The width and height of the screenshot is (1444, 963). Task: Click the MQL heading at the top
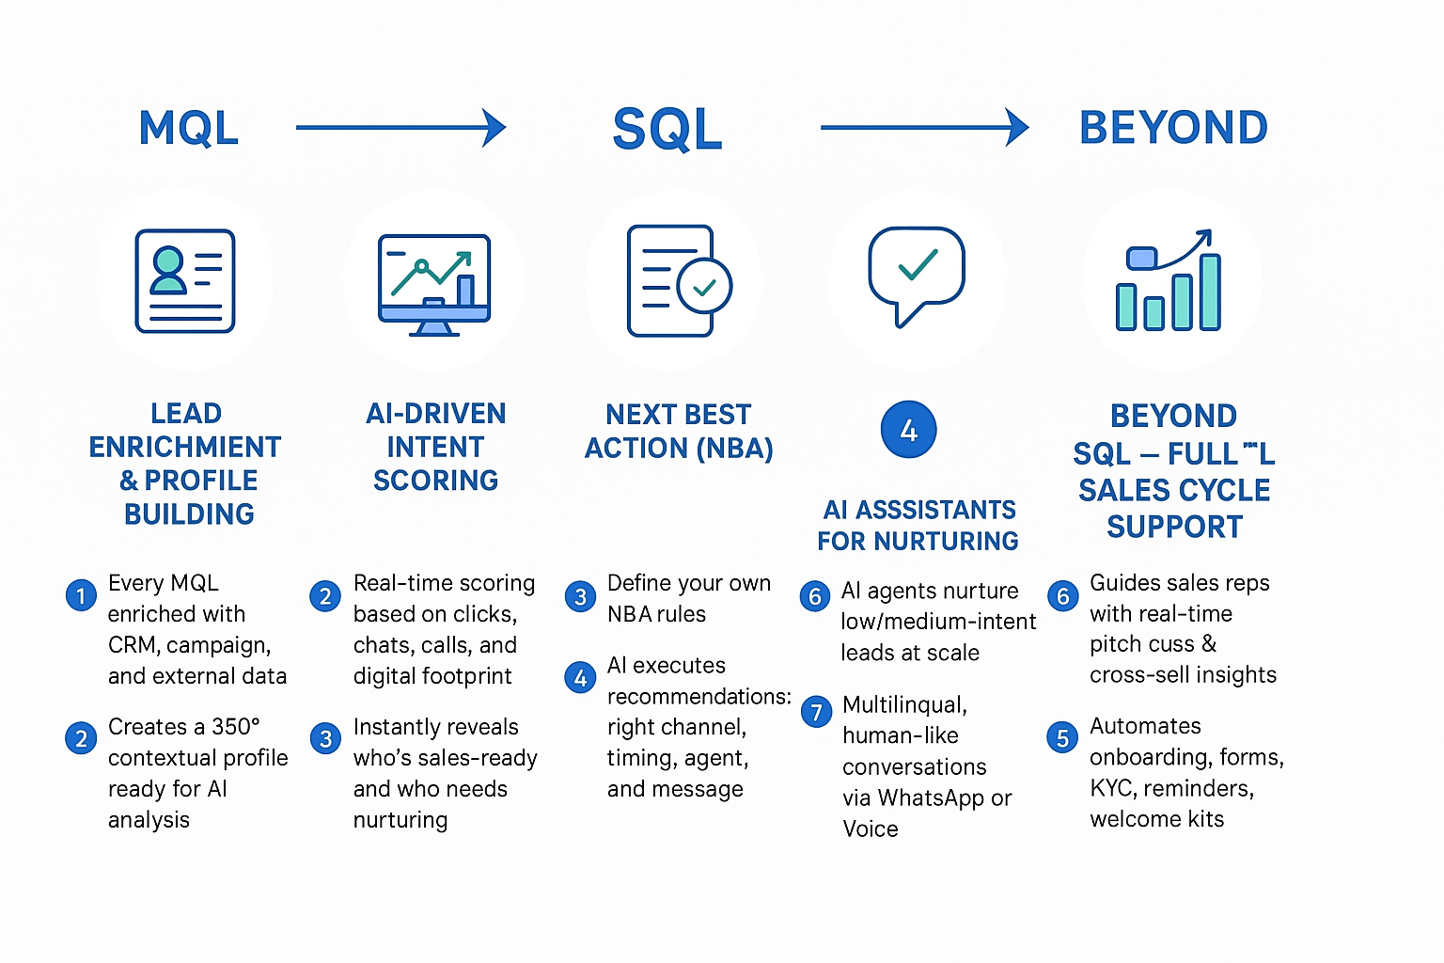(x=188, y=128)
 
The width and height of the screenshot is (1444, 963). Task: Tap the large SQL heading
(x=667, y=129)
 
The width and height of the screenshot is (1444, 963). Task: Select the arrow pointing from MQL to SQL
(x=400, y=127)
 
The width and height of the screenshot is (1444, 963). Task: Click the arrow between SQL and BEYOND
(x=924, y=127)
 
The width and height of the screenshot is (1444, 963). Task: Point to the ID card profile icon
(x=185, y=280)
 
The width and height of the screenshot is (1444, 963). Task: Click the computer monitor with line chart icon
(x=434, y=284)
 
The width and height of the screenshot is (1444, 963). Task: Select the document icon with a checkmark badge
(x=678, y=280)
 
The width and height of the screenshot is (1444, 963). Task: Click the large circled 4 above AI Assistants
(x=908, y=430)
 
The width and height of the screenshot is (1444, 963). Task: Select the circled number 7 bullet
(x=816, y=712)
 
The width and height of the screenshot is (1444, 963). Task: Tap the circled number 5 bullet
(x=1062, y=737)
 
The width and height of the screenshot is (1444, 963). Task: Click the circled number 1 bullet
(x=81, y=595)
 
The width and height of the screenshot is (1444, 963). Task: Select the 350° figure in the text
(x=236, y=727)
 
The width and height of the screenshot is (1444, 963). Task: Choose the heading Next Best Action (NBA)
(x=679, y=432)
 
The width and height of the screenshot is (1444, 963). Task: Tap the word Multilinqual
(x=904, y=704)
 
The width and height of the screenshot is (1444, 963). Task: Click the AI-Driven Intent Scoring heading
(x=435, y=447)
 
